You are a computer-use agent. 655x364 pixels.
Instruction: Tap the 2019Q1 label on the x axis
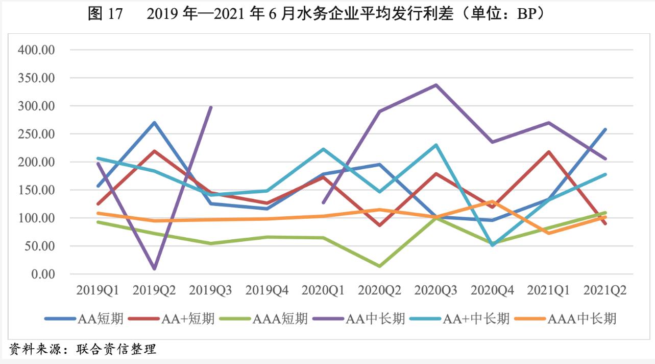point(98,290)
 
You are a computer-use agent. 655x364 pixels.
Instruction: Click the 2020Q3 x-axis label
point(435,290)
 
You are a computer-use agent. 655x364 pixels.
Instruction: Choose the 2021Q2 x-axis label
point(605,290)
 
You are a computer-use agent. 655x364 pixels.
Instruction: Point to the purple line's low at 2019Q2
point(154,268)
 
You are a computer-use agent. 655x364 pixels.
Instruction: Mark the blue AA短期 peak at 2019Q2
point(154,123)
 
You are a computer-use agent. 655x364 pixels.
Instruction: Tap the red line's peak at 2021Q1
point(549,152)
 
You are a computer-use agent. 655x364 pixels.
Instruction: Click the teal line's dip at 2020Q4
point(492,245)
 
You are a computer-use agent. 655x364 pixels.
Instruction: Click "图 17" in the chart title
point(105,14)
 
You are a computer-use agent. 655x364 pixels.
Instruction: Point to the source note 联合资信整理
point(116,350)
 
